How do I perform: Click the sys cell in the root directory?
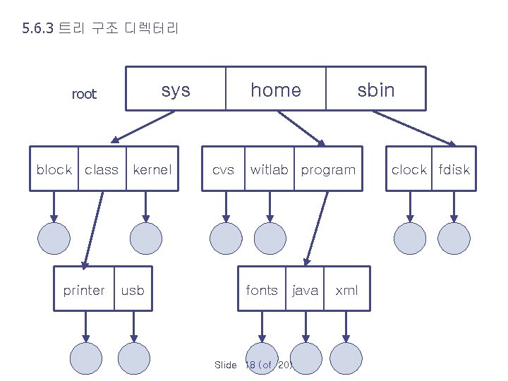176,90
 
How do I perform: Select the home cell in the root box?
276,90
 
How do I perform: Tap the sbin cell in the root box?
376,90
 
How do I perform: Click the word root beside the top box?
84,95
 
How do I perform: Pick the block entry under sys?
54,169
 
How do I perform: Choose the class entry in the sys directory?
102,169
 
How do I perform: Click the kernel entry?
152,169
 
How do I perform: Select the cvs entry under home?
224,169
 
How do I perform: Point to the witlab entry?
269,169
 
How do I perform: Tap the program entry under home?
328,169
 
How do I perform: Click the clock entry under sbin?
409,169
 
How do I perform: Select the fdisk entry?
454,169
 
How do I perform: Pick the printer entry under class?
84,290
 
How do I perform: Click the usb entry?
133,290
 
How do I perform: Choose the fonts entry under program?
262,290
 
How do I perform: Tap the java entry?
305,290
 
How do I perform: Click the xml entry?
346,290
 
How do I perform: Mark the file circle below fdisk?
454,238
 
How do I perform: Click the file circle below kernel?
146,238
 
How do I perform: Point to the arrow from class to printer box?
93,229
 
